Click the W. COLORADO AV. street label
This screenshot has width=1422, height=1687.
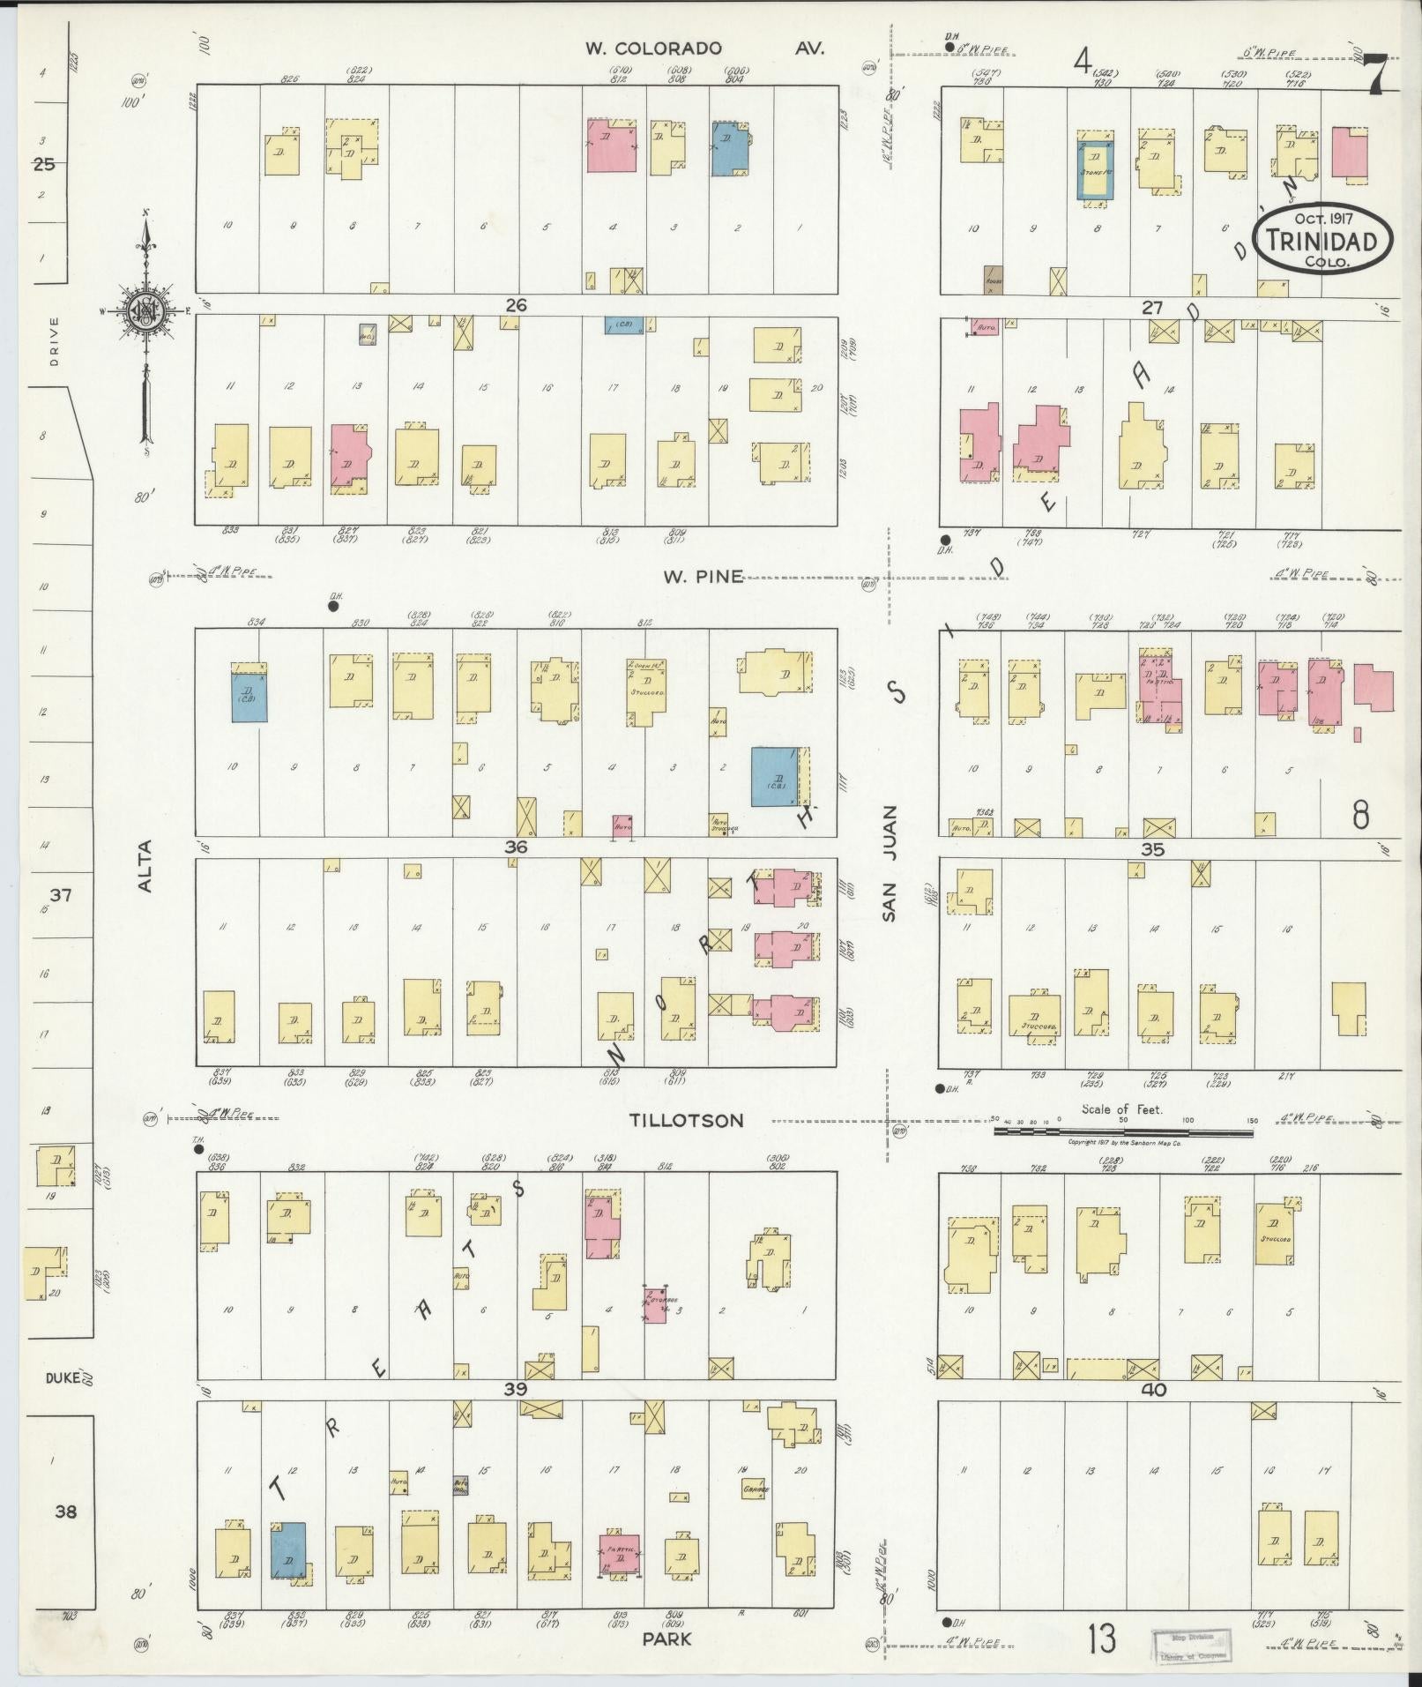tap(705, 49)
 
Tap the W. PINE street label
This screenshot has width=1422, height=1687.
tap(703, 578)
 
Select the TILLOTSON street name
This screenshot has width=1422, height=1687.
tap(686, 1120)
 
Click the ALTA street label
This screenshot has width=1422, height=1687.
tap(145, 865)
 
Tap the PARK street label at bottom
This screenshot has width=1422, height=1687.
tap(666, 1639)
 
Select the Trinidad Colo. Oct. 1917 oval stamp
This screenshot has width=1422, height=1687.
tap(1323, 240)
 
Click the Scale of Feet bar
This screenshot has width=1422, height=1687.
tap(1124, 1130)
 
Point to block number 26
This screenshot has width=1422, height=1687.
tap(516, 305)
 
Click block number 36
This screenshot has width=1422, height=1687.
tap(516, 847)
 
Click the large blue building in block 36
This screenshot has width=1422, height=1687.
tap(775, 777)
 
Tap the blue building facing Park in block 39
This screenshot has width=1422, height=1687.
tap(287, 1549)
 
